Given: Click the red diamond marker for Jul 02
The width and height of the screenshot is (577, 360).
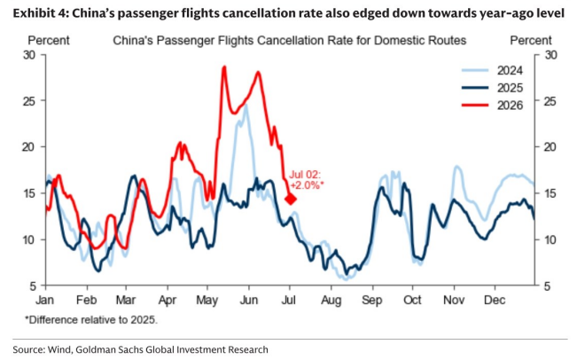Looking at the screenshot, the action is (291, 200).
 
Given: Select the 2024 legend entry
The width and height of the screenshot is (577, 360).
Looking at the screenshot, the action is (492, 70).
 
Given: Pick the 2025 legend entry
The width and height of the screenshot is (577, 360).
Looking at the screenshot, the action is (492, 88).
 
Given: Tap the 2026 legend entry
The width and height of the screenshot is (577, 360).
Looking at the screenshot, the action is (492, 106).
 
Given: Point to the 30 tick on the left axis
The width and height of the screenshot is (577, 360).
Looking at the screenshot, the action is (28, 55).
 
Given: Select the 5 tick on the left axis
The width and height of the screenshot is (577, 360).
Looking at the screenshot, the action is (33, 286).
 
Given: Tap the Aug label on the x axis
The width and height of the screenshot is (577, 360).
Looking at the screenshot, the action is (331, 301).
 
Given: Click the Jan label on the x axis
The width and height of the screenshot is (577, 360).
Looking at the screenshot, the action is (45, 300).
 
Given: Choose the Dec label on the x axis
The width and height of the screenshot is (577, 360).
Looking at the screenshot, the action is (495, 300).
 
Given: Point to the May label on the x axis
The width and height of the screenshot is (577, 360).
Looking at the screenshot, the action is (207, 301).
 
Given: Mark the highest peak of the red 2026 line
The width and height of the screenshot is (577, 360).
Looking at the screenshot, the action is (224, 67).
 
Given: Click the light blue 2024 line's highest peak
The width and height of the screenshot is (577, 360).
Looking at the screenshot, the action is (246, 105).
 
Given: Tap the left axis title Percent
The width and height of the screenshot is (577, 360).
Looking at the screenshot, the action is (49, 40).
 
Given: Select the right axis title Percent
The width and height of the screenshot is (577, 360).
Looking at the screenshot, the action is (531, 40).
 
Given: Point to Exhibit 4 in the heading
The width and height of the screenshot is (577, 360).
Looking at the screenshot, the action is (41, 13).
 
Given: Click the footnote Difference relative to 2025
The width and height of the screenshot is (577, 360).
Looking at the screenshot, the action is (91, 319).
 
